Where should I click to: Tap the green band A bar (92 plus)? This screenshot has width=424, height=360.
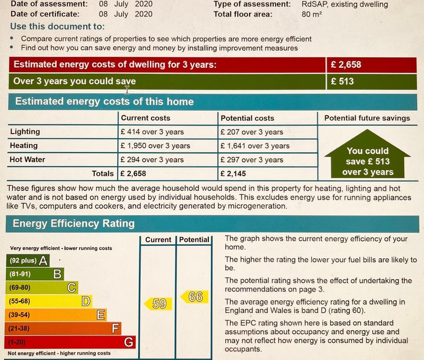click(28, 260)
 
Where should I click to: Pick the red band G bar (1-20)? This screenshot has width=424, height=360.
click(70, 342)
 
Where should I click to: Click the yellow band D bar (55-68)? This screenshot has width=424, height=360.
click(49, 301)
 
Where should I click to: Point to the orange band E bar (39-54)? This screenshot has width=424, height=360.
click(56, 315)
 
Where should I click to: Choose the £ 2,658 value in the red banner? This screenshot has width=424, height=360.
click(346, 65)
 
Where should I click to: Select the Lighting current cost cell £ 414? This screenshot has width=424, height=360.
click(152, 132)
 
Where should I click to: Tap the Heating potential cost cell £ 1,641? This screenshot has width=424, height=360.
click(255, 146)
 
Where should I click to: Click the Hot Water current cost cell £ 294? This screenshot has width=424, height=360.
click(152, 160)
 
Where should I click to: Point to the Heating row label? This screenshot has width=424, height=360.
click(24, 145)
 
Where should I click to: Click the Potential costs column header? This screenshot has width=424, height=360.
click(248, 118)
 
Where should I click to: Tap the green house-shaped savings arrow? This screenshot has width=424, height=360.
click(367, 160)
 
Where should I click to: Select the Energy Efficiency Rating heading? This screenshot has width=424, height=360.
click(74, 223)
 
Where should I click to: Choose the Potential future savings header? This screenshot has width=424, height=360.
click(367, 118)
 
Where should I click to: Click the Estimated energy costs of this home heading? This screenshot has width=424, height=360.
click(104, 102)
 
